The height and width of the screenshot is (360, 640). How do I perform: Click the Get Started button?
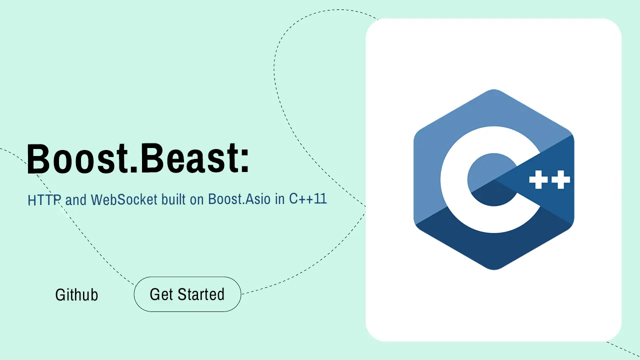click(x=187, y=294)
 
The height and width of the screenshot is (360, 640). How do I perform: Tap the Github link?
click(x=76, y=294)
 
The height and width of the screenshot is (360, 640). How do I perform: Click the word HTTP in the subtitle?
click(x=44, y=199)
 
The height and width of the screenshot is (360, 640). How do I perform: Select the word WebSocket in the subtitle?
click(x=124, y=199)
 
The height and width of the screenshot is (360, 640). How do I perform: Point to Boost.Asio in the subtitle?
click(x=239, y=199)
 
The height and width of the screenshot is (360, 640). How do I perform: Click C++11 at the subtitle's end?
click(x=307, y=198)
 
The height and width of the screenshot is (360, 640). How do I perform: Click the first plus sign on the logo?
click(x=538, y=179)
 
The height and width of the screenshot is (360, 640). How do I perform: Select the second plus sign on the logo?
click(x=560, y=179)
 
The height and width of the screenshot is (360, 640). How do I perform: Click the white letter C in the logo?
click(x=454, y=179)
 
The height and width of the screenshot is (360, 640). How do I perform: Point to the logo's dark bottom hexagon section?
click(x=493, y=245)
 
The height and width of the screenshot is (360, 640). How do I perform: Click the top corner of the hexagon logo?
click(x=493, y=89)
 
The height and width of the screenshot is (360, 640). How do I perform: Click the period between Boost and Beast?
click(x=133, y=169)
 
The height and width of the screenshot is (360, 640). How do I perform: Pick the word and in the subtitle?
click(x=75, y=199)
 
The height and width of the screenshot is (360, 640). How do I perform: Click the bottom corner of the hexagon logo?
click(x=493, y=269)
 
